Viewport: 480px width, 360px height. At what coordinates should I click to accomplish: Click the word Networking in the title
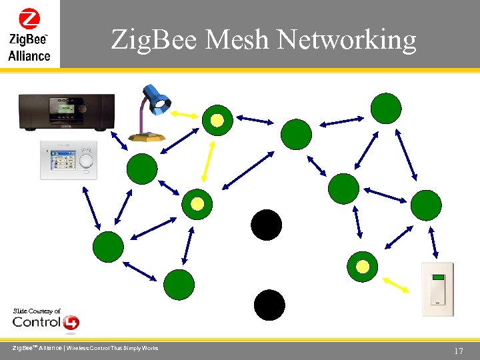(346, 40)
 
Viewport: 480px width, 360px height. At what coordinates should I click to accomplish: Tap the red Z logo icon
(29, 18)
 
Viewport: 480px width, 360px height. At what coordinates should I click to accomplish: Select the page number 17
(458, 351)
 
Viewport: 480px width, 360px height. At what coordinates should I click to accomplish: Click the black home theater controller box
(66, 111)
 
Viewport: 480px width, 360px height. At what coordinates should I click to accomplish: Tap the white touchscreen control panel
(69, 160)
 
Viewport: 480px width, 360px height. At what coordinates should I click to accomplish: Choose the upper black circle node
(267, 225)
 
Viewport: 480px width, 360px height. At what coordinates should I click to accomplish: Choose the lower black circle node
(269, 305)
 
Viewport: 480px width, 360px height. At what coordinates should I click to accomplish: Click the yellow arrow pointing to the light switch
(396, 285)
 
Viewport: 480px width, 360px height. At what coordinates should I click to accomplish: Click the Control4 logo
(45, 323)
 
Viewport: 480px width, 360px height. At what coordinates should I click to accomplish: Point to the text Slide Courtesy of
(37, 311)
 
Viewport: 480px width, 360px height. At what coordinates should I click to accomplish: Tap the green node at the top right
(386, 108)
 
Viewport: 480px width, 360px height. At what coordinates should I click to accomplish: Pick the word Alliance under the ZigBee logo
(29, 55)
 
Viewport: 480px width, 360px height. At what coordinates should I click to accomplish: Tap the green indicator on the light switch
(438, 277)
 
